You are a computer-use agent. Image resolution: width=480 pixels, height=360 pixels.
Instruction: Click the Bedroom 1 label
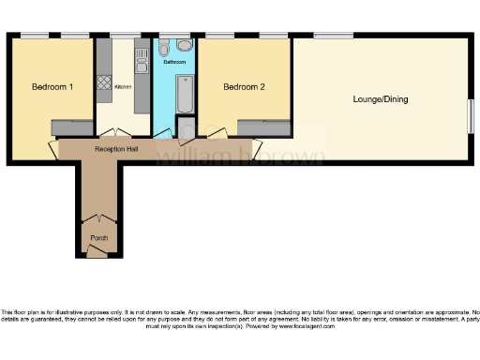(x=52, y=87)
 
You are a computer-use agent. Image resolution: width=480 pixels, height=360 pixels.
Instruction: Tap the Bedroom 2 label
(x=244, y=87)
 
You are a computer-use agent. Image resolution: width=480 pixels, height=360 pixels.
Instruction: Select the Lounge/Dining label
(x=380, y=98)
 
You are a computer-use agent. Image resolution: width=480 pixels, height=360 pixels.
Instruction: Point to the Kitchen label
(x=122, y=87)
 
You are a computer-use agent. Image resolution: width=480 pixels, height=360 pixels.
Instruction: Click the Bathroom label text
(x=174, y=62)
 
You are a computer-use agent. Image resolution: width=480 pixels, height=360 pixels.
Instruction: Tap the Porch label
(x=98, y=238)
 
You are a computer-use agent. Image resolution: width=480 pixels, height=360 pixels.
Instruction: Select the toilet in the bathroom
(x=165, y=46)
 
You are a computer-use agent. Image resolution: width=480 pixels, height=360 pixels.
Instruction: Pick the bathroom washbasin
(x=184, y=45)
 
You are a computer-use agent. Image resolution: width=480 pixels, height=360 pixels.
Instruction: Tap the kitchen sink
(x=142, y=63)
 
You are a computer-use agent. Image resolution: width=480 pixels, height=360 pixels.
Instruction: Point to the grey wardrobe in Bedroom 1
(x=71, y=127)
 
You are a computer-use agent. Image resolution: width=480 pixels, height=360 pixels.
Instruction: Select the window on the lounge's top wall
(x=327, y=37)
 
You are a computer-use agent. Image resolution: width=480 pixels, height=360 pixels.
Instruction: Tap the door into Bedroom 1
(x=54, y=148)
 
